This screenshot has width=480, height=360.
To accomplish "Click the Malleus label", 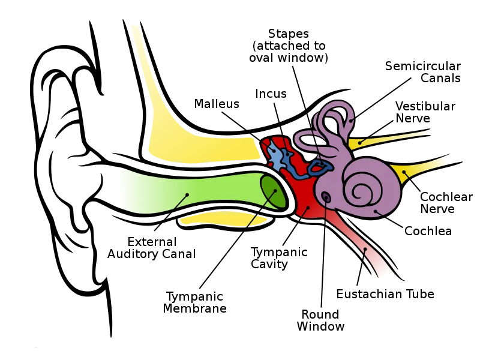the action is point(217,104).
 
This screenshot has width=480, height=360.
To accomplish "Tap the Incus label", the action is point(271,94).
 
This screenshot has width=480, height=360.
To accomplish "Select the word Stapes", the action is point(289,34).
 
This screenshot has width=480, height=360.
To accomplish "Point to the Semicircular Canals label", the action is point(423,72).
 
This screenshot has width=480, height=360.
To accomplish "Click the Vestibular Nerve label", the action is point(425,112).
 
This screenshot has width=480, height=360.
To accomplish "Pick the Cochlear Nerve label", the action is point(446,203).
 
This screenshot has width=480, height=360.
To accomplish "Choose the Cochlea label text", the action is point(428,231).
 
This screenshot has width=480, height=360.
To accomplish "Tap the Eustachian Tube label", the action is point(385,294).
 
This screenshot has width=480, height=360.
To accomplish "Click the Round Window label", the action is point(320,320).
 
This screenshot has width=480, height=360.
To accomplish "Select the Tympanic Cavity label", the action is point(279,258).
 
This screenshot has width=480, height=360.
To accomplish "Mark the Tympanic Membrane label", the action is point(194,302).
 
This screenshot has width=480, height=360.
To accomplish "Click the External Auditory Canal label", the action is point(152,248).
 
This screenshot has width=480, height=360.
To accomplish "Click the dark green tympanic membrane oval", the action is point(273,192).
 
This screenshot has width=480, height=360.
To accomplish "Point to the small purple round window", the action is point(326,197).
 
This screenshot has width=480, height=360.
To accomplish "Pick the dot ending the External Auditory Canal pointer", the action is point(187,194).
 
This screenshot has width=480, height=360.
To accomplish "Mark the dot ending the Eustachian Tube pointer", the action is point(365,249).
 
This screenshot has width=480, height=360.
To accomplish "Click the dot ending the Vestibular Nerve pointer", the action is point(359,143).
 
